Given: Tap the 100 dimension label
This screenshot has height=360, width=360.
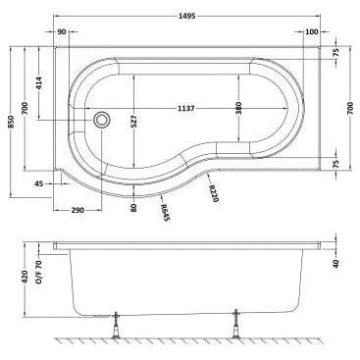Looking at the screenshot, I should [x=311, y=32].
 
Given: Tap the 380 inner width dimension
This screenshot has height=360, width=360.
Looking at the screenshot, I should [x=238, y=108].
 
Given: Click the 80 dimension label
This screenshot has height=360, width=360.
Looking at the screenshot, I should [x=132, y=208].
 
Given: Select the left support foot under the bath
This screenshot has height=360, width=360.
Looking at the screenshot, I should [x=118, y=325].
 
